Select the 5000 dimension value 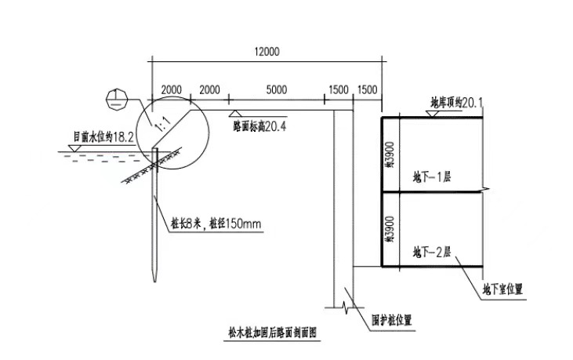click(x=276, y=90)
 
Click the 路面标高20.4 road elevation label click(x=259, y=125)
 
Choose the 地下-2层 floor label click(x=432, y=253)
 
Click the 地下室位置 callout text click(x=502, y=290)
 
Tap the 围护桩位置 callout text click(x=391, y=319)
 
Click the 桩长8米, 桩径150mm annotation click(x=215, y=224)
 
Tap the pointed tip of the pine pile click(x=156, y=278)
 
